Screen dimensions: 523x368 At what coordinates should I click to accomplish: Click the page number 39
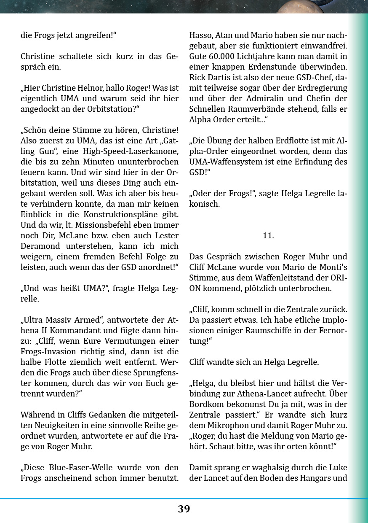pos(184,509)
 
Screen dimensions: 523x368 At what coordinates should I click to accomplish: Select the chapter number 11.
pos(268,236)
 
